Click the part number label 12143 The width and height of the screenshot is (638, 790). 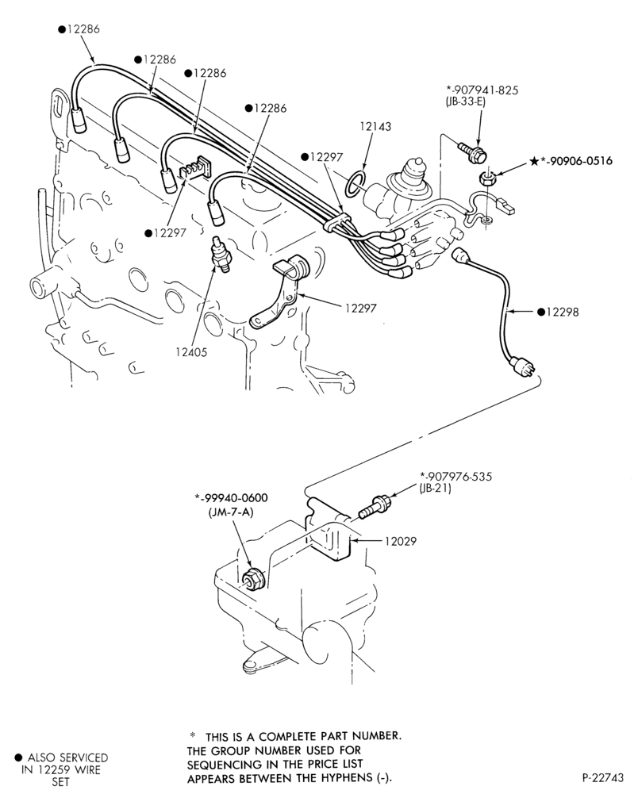pyautogui.click(x=375, y=126)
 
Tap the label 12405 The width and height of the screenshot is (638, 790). pyautogui.click(x=191, y=352)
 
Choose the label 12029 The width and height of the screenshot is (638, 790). pyautogui.click(x=401, y=541)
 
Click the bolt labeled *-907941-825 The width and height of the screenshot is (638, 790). pyautogui.click(x=472, y=151)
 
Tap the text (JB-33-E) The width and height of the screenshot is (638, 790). pyautogui.click(x=465, y=102)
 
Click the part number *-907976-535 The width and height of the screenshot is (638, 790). pyautogui.click(x=455, y=476)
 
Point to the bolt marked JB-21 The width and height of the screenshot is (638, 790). pyautogui.click(x=375, y=507)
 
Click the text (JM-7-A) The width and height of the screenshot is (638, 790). pyautogui.click(x=231, y=512)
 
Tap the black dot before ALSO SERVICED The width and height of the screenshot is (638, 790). pyautogui.click(x=18, y=757)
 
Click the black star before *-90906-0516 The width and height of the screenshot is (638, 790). pyautogui.click(x=534, y=161)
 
